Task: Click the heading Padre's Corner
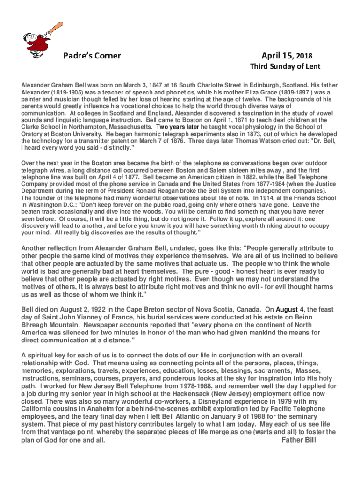click(92, 56)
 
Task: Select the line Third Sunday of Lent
click(285, 66)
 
